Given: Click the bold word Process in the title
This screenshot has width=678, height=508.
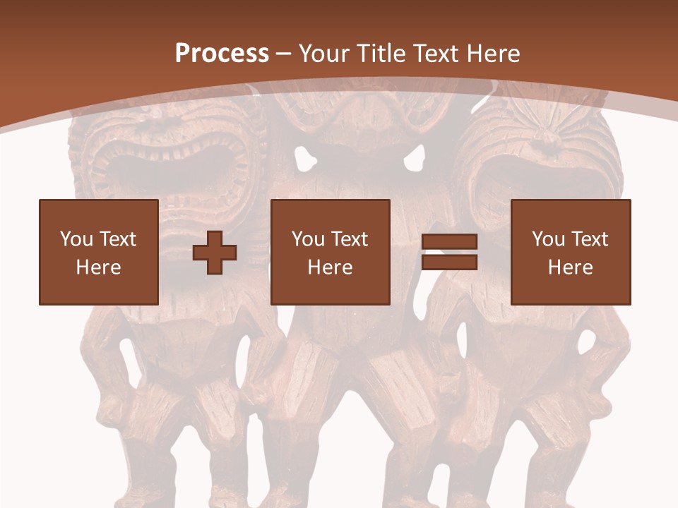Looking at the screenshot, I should click(x=222, y=53).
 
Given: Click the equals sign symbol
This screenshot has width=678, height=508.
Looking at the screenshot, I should click(x=449, y=253).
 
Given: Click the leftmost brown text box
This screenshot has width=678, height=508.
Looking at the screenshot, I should click(x=99, y=252).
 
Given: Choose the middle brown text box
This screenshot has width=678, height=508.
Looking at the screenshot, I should click(x=330, y=252).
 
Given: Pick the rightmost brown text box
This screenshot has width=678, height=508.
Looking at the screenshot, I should click(x=571, y=252).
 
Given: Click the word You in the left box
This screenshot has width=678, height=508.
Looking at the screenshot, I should click(x=76, y=239).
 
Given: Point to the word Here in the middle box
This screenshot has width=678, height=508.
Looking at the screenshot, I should click(x=330, y=267).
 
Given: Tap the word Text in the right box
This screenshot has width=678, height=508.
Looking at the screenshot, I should click(x=590, y=239).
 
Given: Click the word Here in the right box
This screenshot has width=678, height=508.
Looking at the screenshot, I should click(x=571, y=267).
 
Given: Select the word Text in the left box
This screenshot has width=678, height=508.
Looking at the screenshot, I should click(x=118, y=239).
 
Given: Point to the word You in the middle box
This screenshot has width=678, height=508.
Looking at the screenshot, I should click(x=308, y=239).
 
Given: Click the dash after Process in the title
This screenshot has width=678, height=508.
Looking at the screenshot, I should click(x=284, y=54).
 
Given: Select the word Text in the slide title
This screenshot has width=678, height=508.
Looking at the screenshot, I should click(x=434, y=53).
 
